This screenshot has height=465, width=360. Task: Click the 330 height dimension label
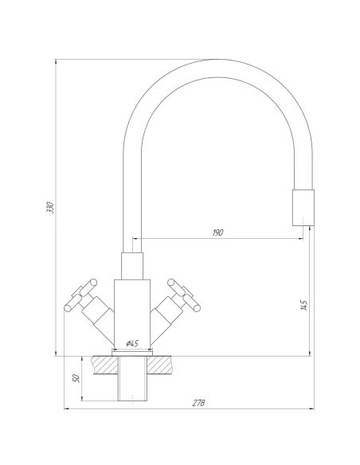49,208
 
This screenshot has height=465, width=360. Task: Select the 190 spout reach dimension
218,232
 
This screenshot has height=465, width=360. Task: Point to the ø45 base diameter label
132,343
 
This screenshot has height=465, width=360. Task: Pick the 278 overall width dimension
198,403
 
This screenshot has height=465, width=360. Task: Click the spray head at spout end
303,208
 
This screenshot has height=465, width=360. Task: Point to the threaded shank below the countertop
132,382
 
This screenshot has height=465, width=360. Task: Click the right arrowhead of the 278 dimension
311,410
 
